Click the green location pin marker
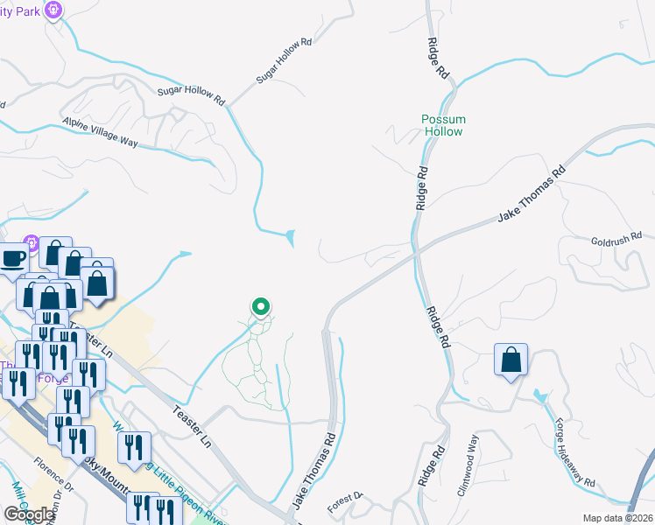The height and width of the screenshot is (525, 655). click(260, 306)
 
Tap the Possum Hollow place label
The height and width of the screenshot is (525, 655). click(443, 125)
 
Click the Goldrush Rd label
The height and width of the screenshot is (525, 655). click(616, 236)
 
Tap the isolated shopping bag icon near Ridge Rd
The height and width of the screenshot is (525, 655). click(511, 360)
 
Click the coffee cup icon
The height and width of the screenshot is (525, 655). click(13, 260)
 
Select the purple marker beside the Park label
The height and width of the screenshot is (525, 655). click(54, 10)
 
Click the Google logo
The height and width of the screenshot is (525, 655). click(29, 514)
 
